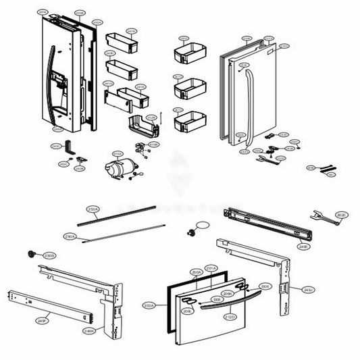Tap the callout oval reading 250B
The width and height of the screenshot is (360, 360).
click(x=49, y=255)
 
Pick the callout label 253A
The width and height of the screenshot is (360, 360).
click(x=93, y=209)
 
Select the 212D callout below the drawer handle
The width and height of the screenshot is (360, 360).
click(x=230, y=316)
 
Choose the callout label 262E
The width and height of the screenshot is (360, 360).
click(x=342, y=215)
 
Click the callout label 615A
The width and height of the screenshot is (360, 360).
click(x=118, y=153)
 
